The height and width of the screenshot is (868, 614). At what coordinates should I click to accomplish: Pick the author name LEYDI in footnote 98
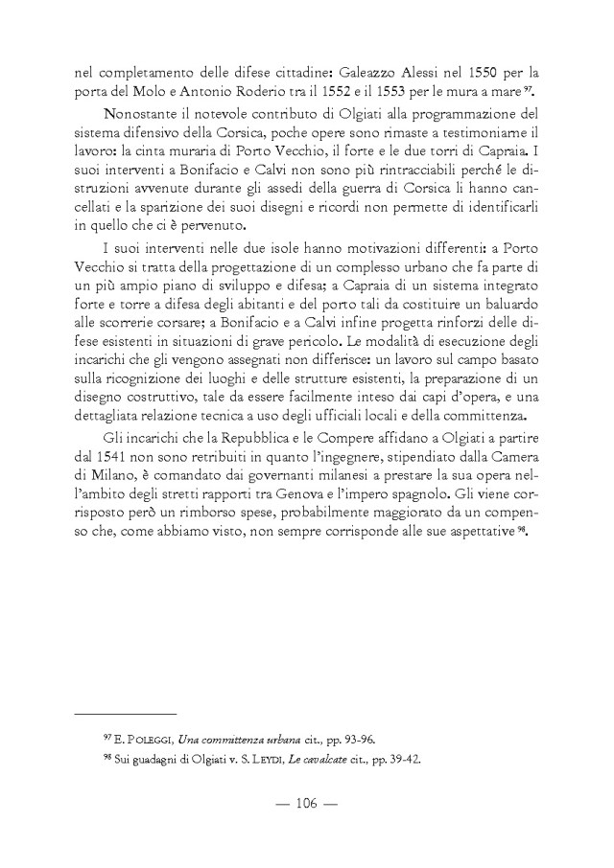(x=273, y=761)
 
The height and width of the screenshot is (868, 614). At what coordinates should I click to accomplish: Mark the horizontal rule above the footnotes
(x=126, y=714)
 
